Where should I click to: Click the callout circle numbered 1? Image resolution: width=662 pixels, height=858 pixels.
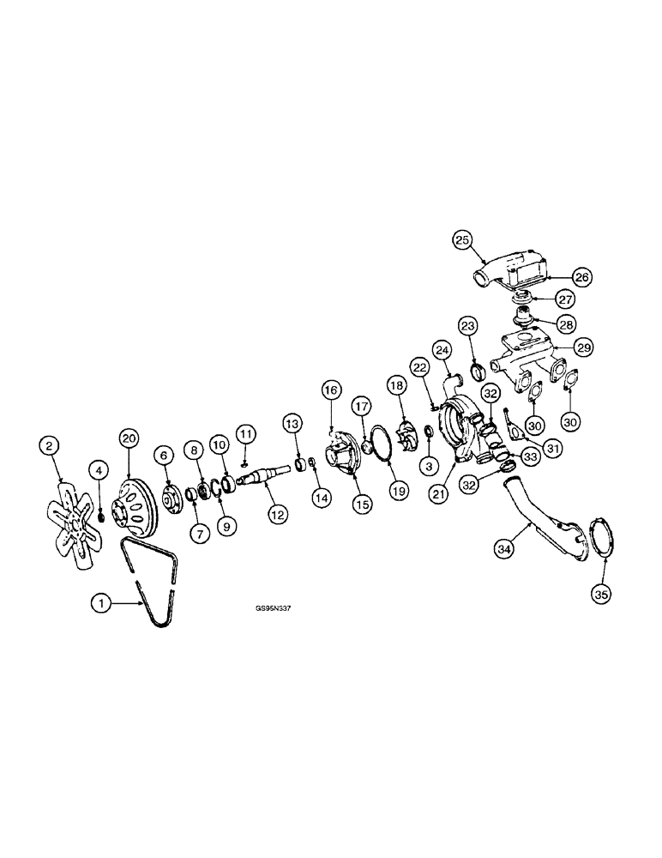click(100, 603)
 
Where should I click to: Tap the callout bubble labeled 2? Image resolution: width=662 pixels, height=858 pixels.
click(49, 446)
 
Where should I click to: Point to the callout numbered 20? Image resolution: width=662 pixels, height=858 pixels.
click(129, 438)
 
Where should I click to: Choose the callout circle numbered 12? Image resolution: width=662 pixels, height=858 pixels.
click(278, 514)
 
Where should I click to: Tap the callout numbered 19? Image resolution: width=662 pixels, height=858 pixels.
click(399, 490)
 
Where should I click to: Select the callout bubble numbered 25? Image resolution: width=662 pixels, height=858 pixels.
click(462, 241)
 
